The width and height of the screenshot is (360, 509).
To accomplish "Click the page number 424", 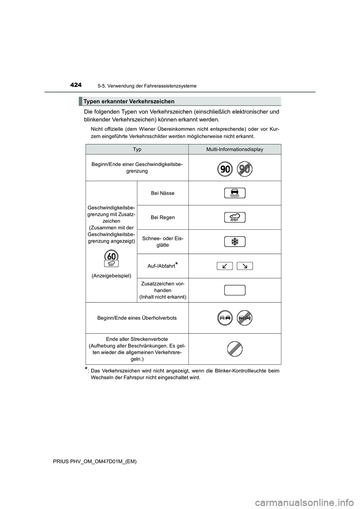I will click(76, 85).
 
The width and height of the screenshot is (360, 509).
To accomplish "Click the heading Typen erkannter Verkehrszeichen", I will click(129, 101).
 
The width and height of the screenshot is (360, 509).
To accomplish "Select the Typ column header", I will click(137, 149).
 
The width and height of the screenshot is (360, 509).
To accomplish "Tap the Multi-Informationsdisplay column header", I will click(235, 149).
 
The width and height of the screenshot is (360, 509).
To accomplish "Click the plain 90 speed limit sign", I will click(225, 169).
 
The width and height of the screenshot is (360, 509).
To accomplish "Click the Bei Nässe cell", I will click(163, 193).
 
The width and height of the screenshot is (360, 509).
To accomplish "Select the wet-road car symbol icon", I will click(235, 193).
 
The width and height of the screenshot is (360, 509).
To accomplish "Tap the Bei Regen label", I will click(163, 217).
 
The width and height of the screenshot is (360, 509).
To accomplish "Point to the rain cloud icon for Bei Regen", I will click(235, 217).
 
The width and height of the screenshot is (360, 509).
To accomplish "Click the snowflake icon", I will click(235, 242).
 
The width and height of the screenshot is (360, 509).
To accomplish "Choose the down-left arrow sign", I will click(225, 266).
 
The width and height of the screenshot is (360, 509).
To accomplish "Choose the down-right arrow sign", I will click(245, 266).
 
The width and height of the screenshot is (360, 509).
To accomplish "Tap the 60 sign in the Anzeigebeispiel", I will click(111, 256).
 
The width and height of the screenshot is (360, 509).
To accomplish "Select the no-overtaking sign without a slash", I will click(225, 318).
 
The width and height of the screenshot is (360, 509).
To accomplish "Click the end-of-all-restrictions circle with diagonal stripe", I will click(235, 349).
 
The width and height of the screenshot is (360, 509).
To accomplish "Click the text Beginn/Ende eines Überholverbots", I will click(137, 318).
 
